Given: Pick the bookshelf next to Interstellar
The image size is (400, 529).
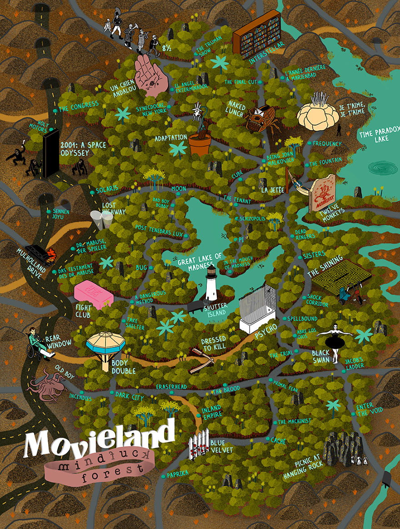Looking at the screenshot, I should tap(256, 34).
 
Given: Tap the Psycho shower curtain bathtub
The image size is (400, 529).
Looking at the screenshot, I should tap(258, 309).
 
